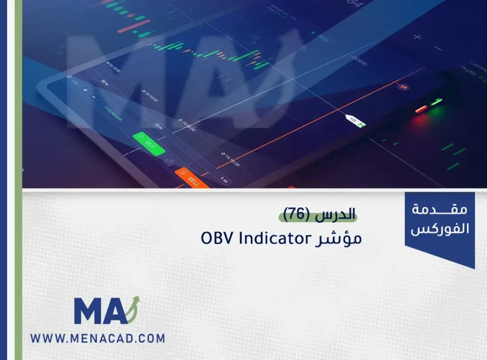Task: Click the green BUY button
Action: [x=149, y=143]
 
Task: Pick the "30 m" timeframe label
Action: [x=104, y=82]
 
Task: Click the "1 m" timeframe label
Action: [x=224, y=180]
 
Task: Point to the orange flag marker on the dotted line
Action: [x=403, y=88]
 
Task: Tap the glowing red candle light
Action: [x=420, y=109]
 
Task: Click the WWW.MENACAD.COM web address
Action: [x=98, y=339]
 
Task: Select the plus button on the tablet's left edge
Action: [x=86, y=89]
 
